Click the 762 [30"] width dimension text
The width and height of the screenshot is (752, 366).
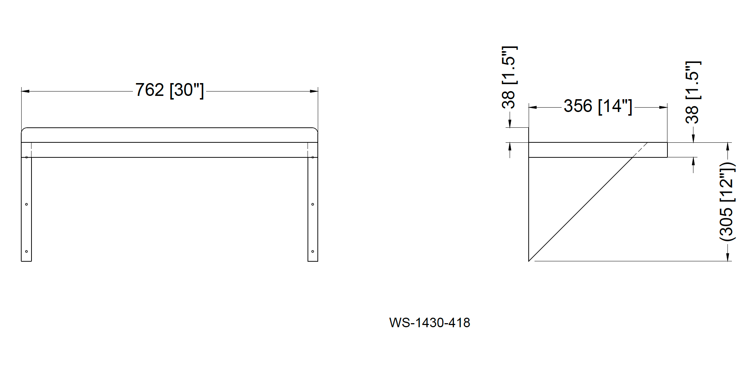169,90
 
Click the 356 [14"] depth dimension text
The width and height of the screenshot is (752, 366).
597,107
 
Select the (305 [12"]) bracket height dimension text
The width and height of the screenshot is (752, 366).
727,201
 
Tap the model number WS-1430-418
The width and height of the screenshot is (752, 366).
429,323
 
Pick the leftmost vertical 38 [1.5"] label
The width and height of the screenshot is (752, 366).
509,78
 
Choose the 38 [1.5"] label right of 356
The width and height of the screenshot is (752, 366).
692,92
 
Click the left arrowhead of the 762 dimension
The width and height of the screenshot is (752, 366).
25,91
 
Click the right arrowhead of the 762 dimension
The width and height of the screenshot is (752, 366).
314,91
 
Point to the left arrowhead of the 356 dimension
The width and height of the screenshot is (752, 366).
532,107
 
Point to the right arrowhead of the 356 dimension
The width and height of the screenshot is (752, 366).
663,107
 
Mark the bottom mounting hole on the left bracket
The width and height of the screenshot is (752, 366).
26,251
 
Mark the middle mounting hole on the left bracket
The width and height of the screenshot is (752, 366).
26,204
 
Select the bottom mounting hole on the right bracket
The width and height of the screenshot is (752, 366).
313,251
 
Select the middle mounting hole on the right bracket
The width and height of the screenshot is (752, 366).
313,204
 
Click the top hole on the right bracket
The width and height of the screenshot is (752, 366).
313,157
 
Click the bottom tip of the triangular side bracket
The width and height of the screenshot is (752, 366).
529,261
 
